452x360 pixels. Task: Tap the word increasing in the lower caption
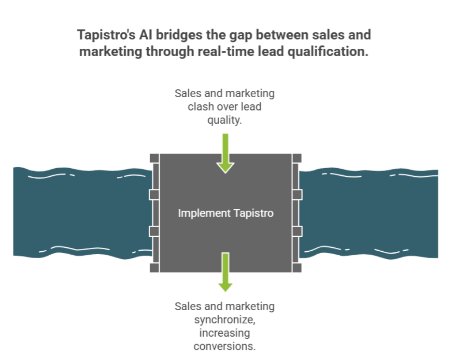tap(224, 333)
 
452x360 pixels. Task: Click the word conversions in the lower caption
tap(224, 346)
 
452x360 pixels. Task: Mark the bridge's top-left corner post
tap(154, 158)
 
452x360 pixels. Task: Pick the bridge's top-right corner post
tap(297, 158)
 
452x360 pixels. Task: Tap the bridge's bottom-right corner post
tap(297, 267)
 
